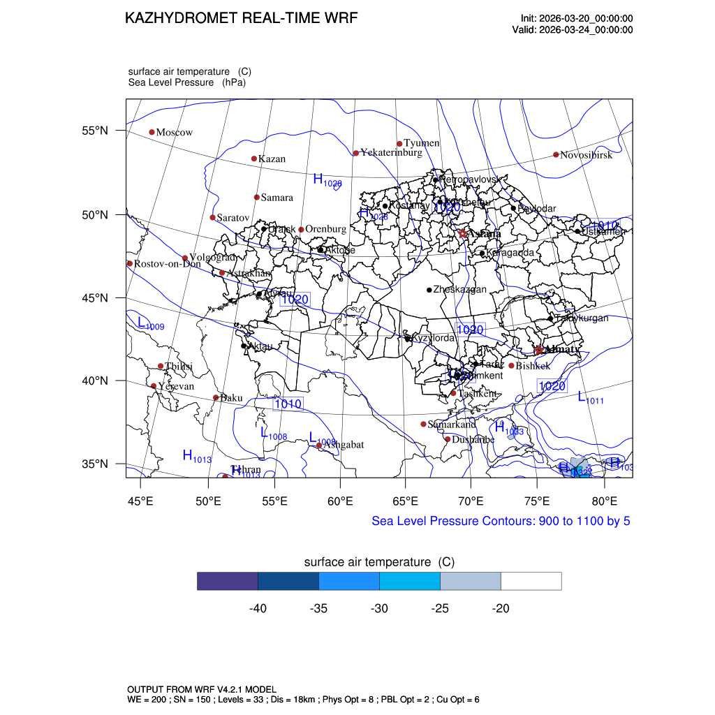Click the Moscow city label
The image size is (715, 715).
coord(174,133)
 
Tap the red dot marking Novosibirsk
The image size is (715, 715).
coord(556,154)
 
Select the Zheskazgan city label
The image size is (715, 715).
coord(459,290)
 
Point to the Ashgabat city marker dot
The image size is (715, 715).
coord(319,445)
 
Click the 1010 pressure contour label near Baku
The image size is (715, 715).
coord(288,404)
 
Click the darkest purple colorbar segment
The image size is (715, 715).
coord(228,581)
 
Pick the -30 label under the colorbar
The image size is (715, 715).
coord(379,609)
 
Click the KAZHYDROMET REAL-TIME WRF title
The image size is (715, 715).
coord(241,18)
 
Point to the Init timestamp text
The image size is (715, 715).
coord(577,18)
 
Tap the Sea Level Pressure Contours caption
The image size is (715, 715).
coord(501,521)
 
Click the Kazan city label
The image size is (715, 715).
coord(272,159)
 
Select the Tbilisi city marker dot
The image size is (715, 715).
coord(161,366)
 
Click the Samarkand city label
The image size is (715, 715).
coord(452,425)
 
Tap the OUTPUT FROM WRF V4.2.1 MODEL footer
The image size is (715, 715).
coord(202,689)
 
